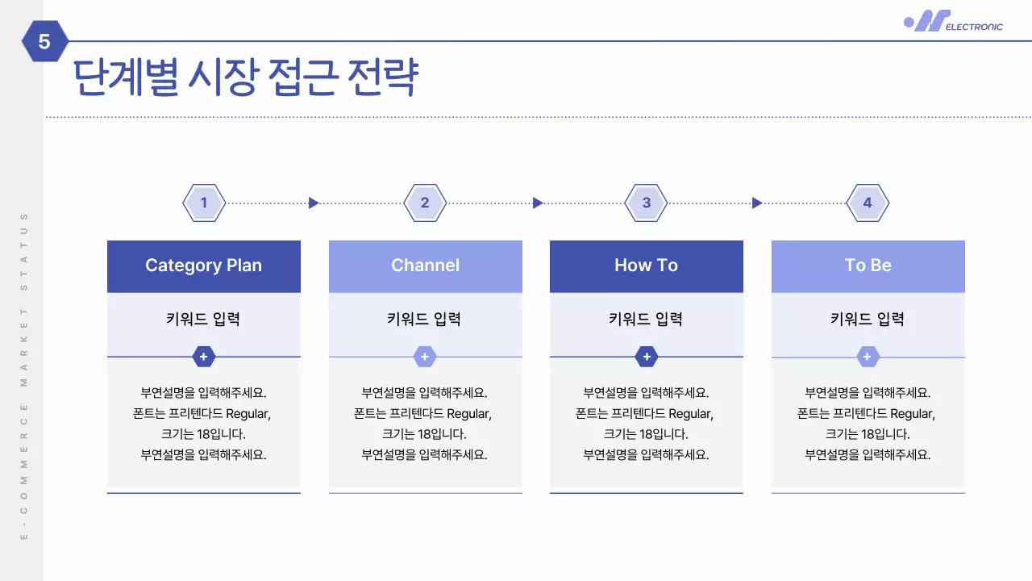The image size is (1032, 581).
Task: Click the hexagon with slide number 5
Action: pyautogui.click(x=44, y=41)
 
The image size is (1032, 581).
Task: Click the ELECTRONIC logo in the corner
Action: pyautogui.click(x=954, y=22)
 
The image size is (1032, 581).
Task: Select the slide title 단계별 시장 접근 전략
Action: pyautogui.click(x=246, y=78)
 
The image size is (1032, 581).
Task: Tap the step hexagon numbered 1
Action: pyautogui.click(x=204, y=203)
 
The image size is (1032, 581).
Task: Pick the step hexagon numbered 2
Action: pyautogui.click(x=425, y=203)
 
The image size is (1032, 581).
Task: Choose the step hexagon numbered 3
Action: pyautogui.click(x=646, y=203)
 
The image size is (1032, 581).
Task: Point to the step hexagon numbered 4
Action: pyautogui.click(x=868, y=203)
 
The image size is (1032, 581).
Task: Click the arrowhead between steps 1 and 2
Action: pyautogui.click(x=314, y=203)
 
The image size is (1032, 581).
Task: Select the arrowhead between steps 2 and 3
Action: pyautogui.click(x=538, y=203)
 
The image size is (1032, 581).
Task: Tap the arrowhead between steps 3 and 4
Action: pyautogui.click(x=756, y=203)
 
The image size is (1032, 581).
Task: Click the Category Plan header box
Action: pyautogui.click(x=204, y=266)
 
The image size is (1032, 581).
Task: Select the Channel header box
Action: pyautogui.click(x=425, y=266)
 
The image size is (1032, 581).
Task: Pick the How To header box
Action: pyautogui.click(x=646, y=266)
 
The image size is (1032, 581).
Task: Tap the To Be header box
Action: pyautogui.click(x=868, y=266)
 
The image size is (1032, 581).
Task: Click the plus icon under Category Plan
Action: pyautogui.click(x=204, y=357)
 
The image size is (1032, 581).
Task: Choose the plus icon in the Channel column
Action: pyautogui.click(x=425, y=357)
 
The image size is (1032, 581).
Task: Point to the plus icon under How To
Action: pyautogui.click(x=646, y=357)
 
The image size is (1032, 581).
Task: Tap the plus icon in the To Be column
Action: pyautogui.click(x=868, y=357)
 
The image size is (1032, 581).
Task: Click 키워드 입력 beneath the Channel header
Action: pyautogui.click(x=425, y=319)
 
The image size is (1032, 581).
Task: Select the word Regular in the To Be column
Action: pyautogui.click(x=911, y=414)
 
